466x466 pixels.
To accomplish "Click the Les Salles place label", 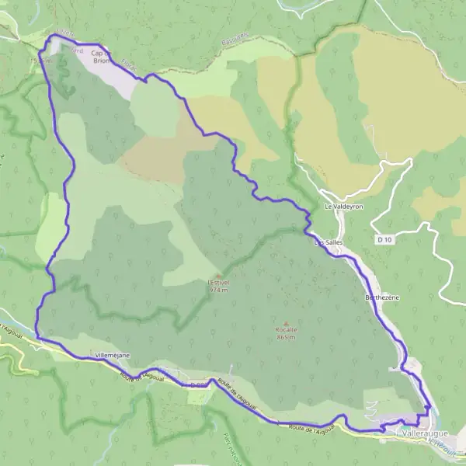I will [x=328, y=243].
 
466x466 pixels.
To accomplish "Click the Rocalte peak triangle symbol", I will [x=287, y=322].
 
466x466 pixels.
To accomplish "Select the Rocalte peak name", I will [x=287, y=329].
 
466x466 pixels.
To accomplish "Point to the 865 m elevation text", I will [x=287, y=336].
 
